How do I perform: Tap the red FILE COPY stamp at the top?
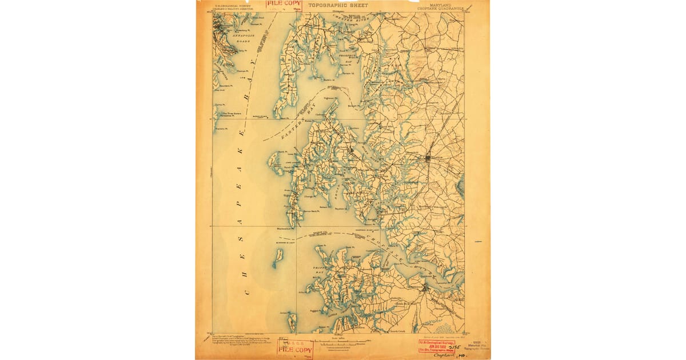point(285,5)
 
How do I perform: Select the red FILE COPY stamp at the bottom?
point(296,347)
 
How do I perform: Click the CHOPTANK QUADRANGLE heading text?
point(444,9)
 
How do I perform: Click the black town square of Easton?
point(429,158)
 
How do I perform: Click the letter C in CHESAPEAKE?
point(248,292)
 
